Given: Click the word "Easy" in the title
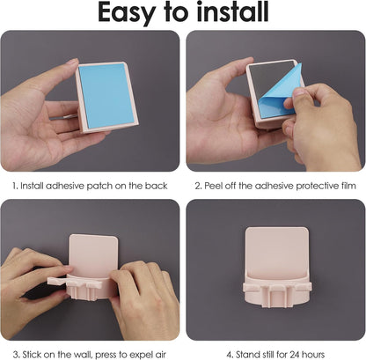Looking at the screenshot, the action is tap(127, 13).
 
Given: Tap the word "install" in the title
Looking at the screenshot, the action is tap(232, 11).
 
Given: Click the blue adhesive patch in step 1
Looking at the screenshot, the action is tap(106, 95).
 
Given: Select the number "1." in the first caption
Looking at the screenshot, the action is tap(15, 186).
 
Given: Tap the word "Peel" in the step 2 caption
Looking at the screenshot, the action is tap(214, 186).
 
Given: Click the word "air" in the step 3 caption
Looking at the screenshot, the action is tap(160, 355).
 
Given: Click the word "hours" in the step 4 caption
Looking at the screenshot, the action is tap(314, 355).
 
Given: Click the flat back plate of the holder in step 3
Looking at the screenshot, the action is tap(93, 254).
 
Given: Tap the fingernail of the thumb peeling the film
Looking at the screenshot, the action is tap(299, 92).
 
